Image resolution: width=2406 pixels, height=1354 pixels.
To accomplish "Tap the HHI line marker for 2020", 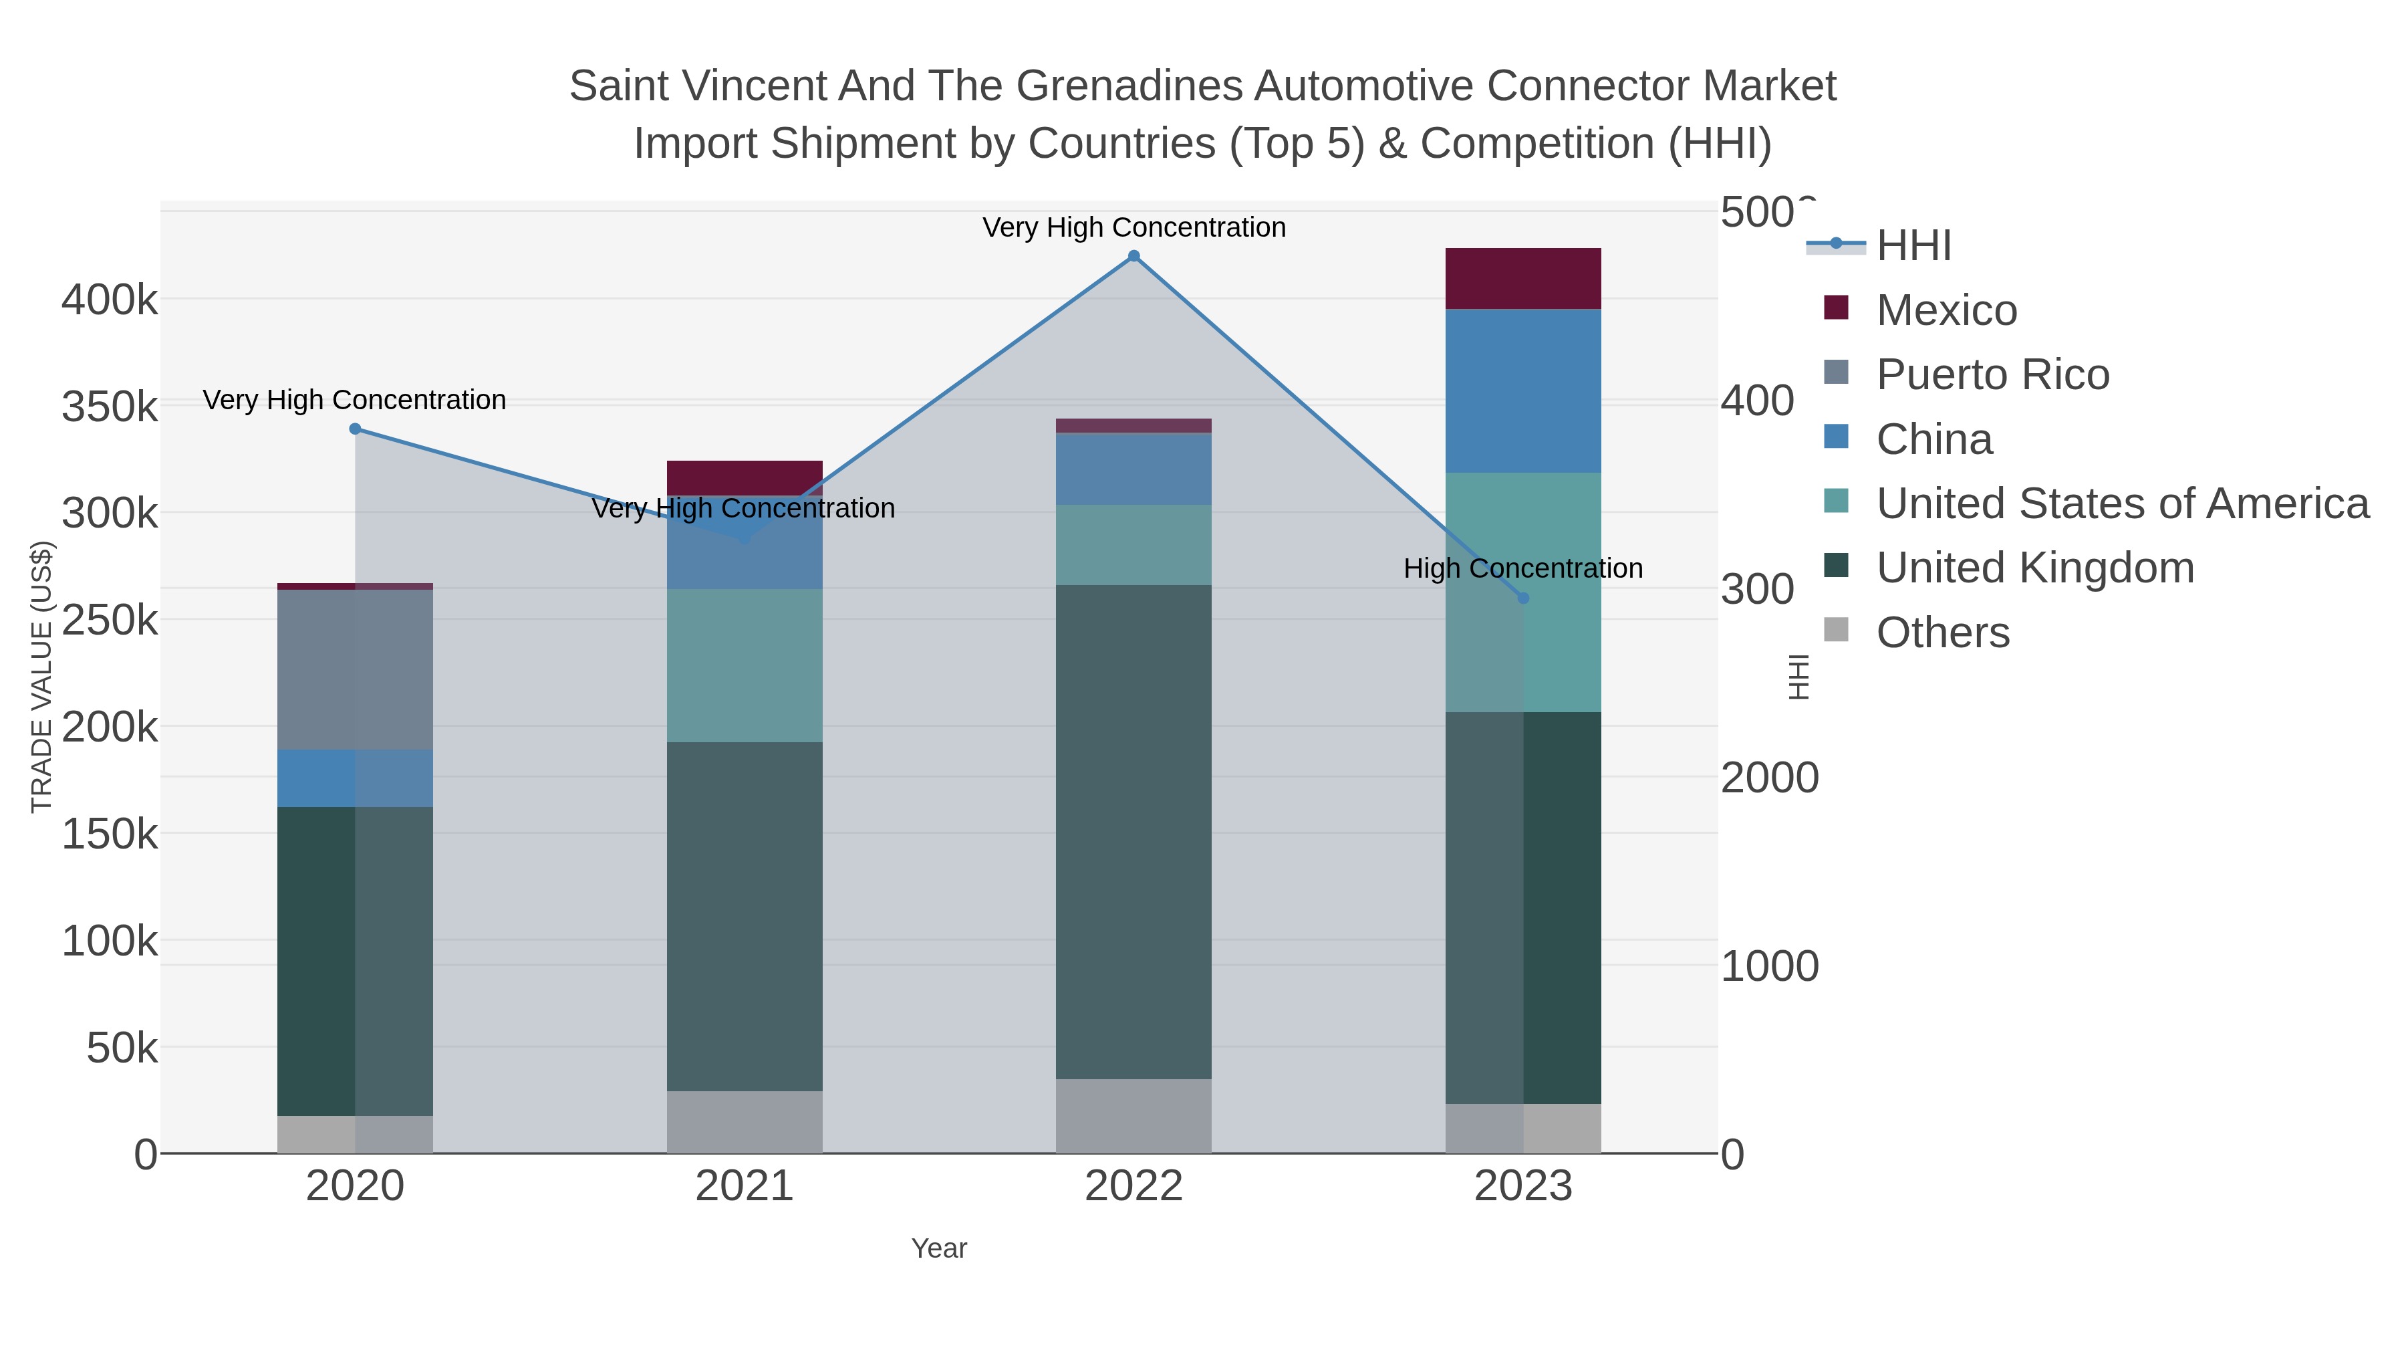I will pos(355,429).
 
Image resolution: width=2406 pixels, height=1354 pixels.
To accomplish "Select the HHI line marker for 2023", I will pos(1523,598).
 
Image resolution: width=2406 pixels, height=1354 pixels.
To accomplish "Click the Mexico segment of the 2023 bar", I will pos(1522,278).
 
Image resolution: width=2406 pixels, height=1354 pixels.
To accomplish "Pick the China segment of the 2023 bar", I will pos(1522,390).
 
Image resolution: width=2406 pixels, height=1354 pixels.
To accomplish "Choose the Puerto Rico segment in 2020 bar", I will pos(355,669).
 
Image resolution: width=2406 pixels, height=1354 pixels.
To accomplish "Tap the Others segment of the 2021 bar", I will pos(745,1121).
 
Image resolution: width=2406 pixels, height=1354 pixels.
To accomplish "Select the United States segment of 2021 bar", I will pos(745,665).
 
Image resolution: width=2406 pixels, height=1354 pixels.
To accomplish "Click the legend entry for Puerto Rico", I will pos(1992,374).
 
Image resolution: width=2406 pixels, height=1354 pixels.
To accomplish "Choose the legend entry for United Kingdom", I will pos(2034,568).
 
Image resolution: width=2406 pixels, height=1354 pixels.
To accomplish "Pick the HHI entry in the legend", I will pos(1913,246).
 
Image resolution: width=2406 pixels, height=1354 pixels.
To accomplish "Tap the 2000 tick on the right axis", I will pos(1769,778).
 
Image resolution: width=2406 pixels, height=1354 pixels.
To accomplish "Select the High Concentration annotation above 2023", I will pos(1522,568).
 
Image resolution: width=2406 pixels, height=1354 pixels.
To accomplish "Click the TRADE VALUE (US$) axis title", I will pos(42,677).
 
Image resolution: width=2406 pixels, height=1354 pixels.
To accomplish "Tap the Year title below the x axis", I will pos(939,1248).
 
